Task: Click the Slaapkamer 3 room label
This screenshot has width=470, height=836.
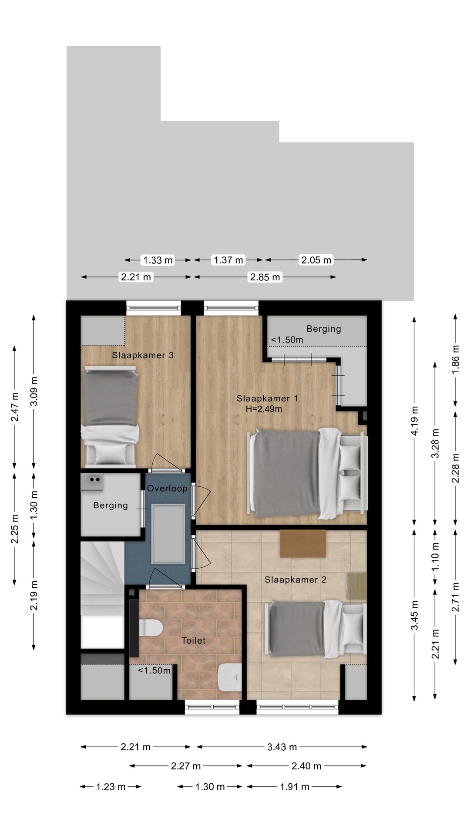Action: pos(143,355)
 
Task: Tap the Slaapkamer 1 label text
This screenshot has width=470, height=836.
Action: pos(267,398)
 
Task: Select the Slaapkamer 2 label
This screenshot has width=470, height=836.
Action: pos(295,580)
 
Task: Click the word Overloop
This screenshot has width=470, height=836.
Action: pos(167,488)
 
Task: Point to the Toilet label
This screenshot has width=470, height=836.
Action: pos(194,640)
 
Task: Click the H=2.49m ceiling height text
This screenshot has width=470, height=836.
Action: pos(264,409)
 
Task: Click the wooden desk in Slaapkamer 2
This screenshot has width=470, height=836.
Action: pos(303,543)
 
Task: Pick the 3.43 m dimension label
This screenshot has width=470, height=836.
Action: pos(282,747)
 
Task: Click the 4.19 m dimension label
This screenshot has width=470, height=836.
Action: pos(414,421)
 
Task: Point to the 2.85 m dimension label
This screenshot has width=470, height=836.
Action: pos(265,277)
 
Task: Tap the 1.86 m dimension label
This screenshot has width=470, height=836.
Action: pos(455,359)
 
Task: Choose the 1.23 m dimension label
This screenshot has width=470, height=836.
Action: pos(111,786)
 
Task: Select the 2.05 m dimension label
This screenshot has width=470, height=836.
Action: pos(316,260)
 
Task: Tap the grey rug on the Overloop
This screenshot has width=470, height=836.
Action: pos(168,534)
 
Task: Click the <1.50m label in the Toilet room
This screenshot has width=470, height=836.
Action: pos(154,670)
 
